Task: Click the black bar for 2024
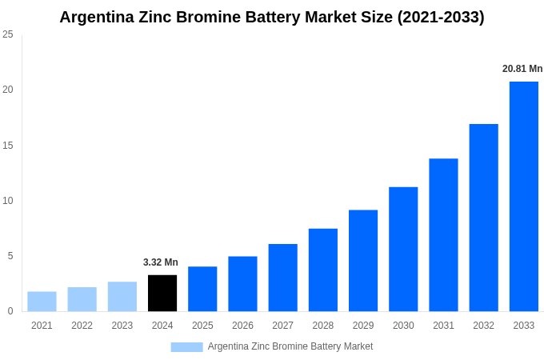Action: click(x=162, y=293)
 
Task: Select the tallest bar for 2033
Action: click(x=524, y=196)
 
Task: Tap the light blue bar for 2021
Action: click(x=42, y=302)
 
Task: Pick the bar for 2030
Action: click(x=403, y=249)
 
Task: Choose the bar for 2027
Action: click(x=282, y=278)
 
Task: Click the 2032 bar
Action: click(x=483, y=218)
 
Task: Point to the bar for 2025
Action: click(x=202, y=289)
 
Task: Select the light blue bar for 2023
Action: click(x=122, y=296)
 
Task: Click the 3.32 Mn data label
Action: click(x=161, y=262)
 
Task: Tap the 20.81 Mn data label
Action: click(x=522, y=69)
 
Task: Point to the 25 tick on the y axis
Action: click(x=8, y=34)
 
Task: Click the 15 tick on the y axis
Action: click(x=8, y=145)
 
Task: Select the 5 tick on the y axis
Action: click(x=10, y=256)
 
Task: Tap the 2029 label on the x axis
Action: click(x=363, y=326)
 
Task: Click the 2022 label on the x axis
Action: click(x=82, y=326)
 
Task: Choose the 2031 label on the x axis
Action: click(x=443, y=326)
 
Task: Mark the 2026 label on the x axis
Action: click(x=242, y=326)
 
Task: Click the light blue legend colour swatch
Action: click(x=186, y=346)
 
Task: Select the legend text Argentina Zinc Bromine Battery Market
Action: click(x=290, y=346)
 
